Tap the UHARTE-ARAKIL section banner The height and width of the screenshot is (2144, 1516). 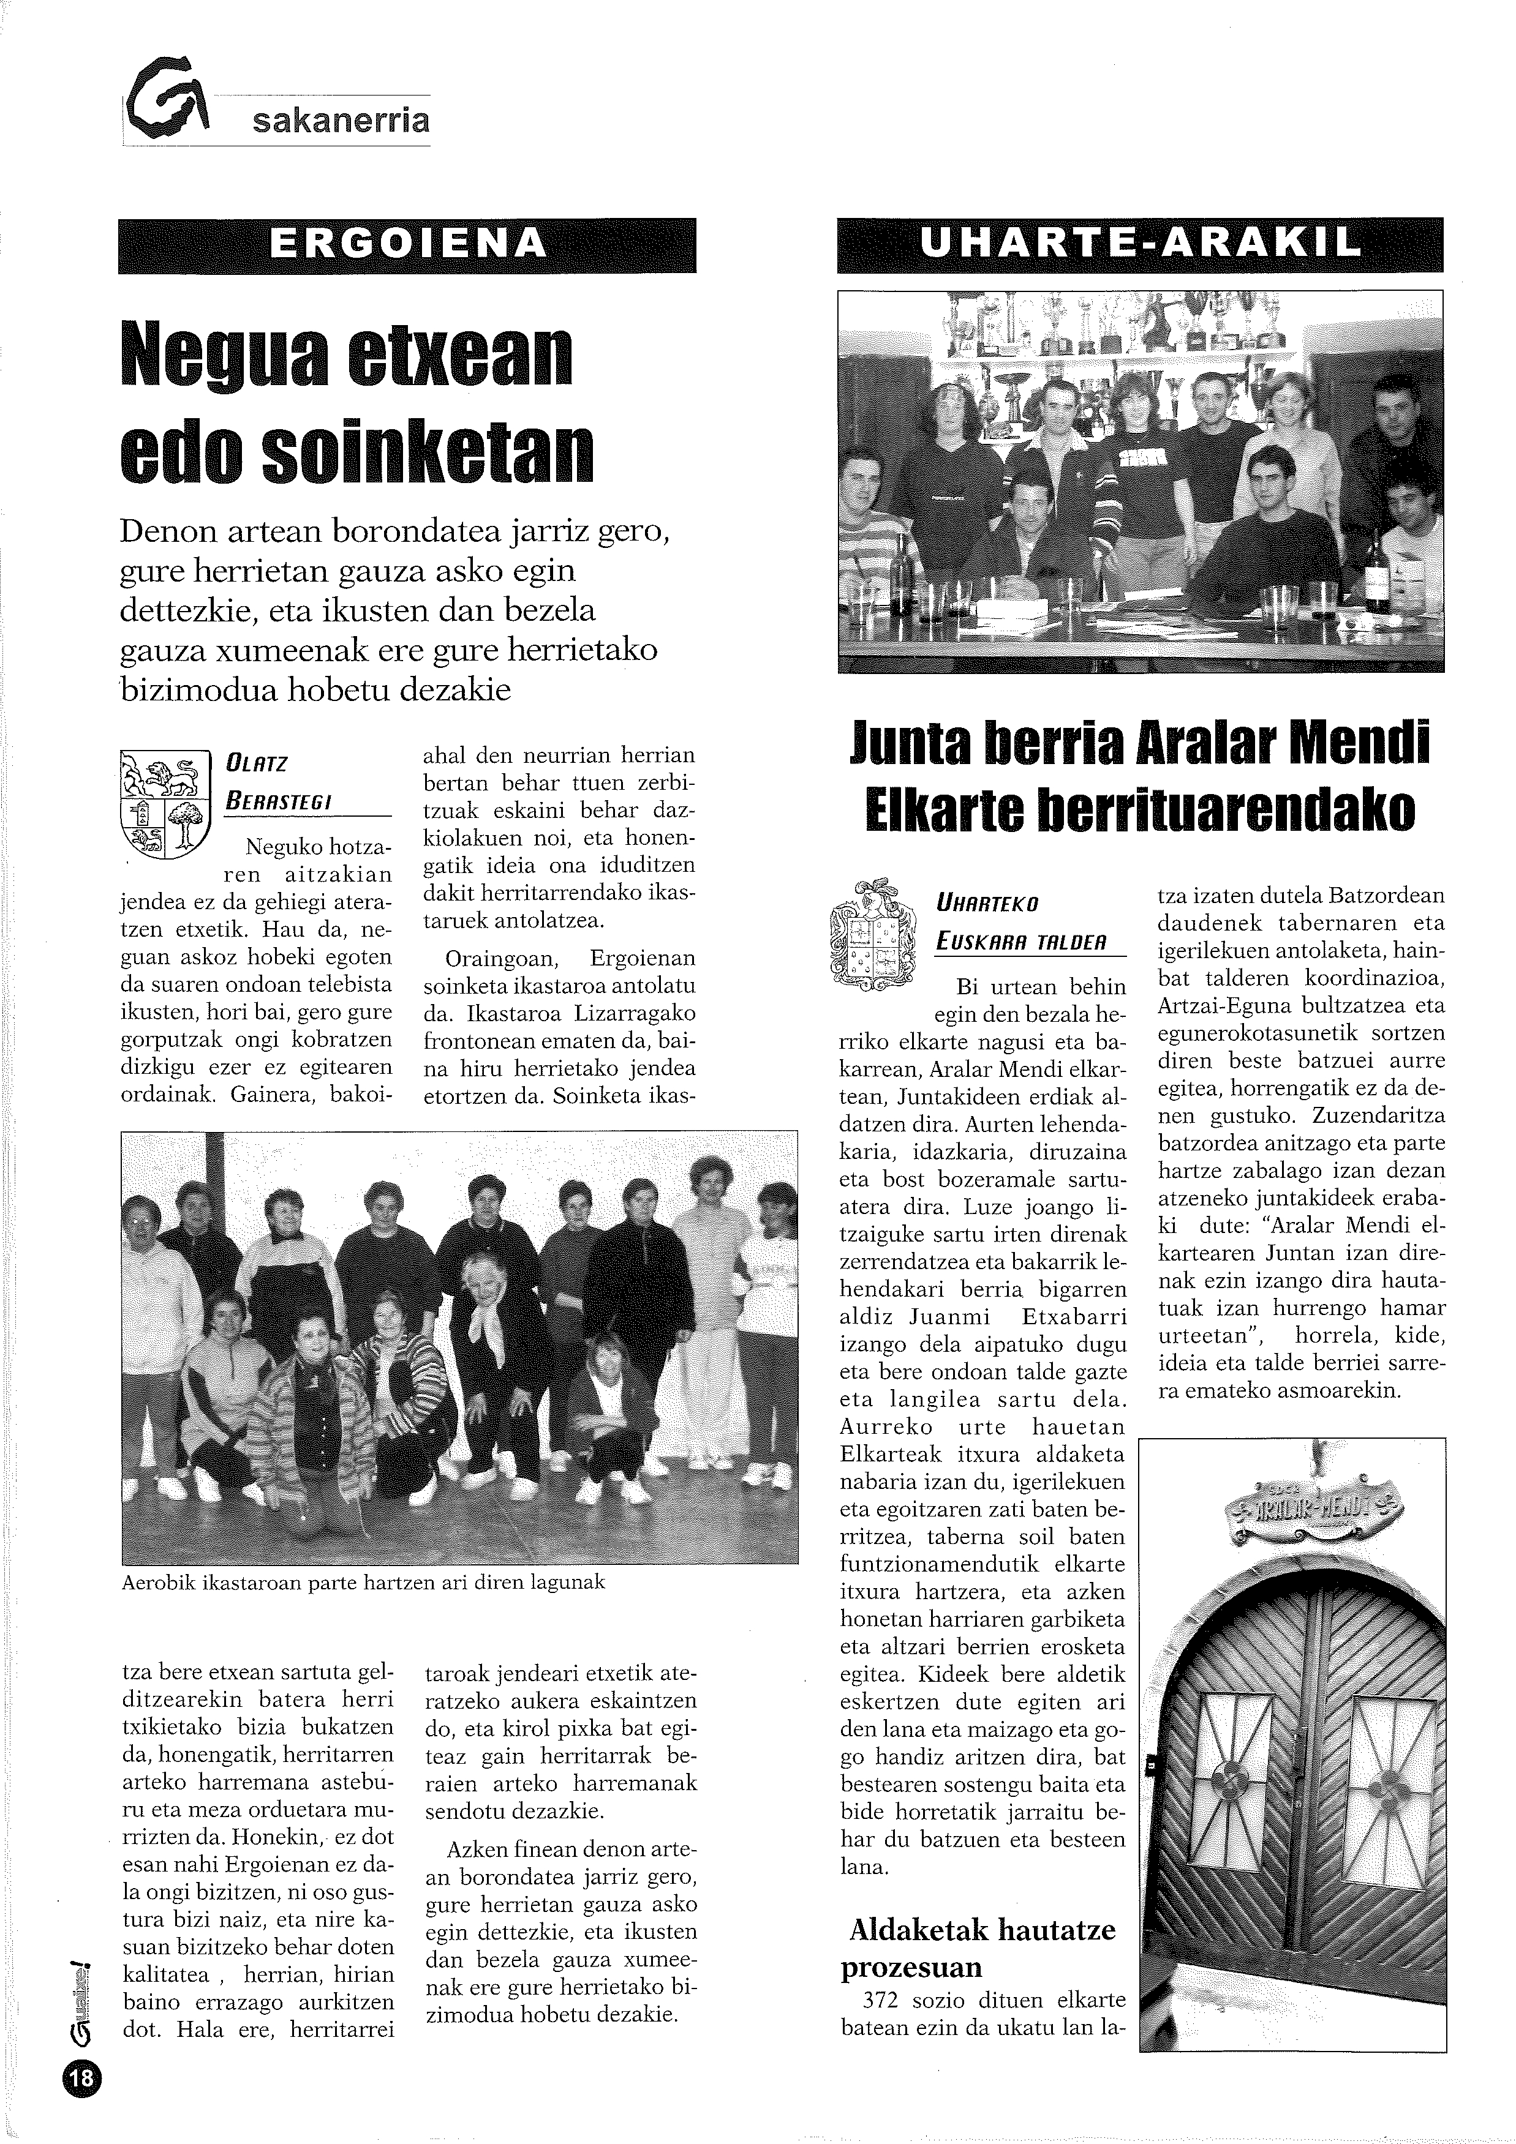1139,245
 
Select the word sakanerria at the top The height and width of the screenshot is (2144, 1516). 341,121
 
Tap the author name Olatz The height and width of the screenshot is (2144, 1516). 257,764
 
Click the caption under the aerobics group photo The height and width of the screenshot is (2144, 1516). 363,1582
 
